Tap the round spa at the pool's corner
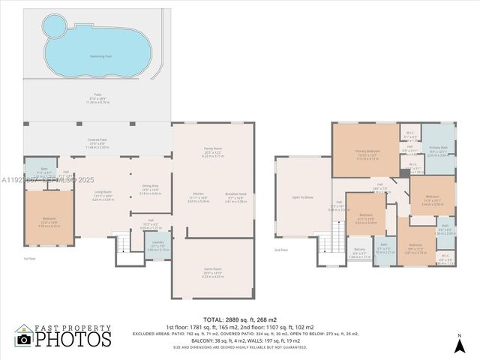point(52,28)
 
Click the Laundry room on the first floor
point(158,244)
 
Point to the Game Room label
point(212,274)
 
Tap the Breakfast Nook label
point(235,199)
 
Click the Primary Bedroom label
point(367,152)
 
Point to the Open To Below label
point(302,197)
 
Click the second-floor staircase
point(326,244)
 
